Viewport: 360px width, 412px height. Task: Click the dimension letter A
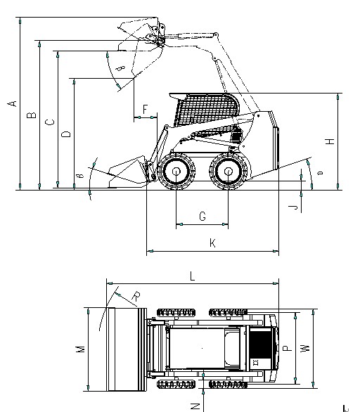point(11,104)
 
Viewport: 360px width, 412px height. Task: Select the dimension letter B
point(30,115)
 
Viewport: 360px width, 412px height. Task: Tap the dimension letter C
point(48,122)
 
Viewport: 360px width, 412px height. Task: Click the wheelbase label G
point(202,217)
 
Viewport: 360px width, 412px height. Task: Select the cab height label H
point(329,141)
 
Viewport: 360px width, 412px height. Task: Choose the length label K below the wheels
point(212,243)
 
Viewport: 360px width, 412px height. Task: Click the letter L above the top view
point(192,276)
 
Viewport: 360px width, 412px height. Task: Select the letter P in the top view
point(285,347)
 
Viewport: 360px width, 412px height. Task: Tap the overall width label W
point(304,347)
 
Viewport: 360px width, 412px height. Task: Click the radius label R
point(134,296)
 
